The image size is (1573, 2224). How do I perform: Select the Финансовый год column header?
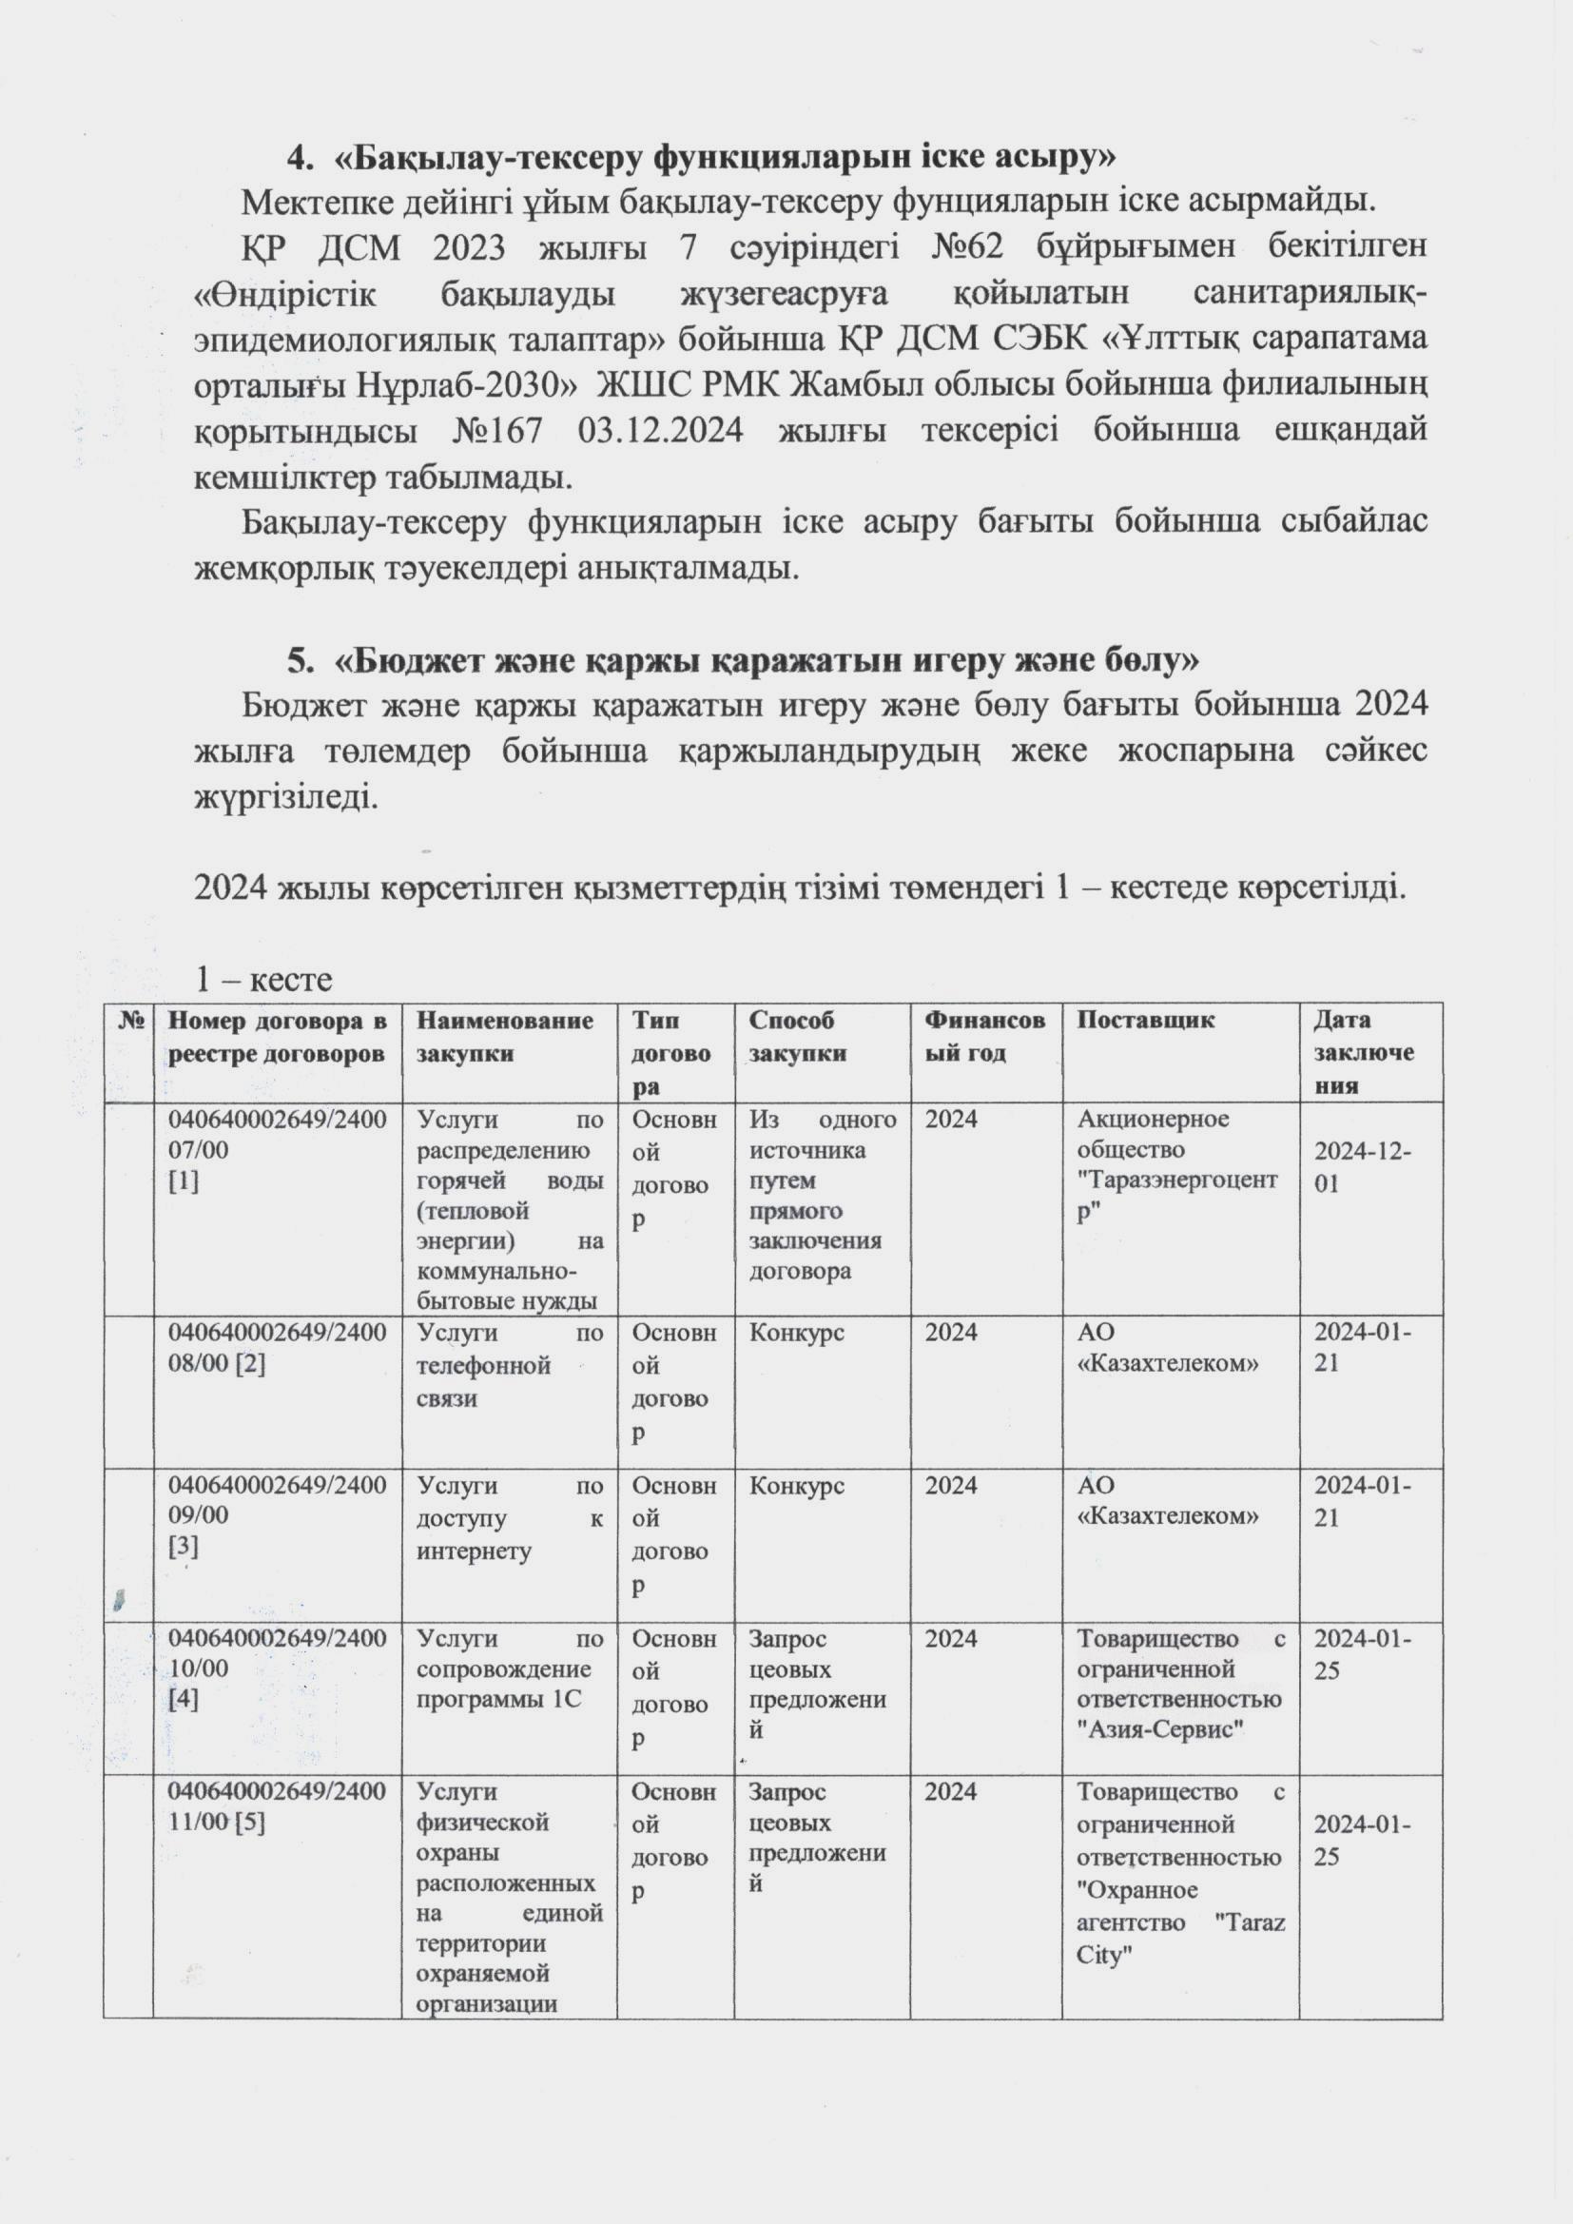click(x=984, y=1036)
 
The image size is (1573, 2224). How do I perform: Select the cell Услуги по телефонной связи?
click(x=510, y=1366)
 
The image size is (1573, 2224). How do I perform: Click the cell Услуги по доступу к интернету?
click(x=510, y=1518)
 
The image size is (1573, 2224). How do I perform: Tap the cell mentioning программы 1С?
click(x=510, y=1668)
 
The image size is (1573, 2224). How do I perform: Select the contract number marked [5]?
click(x=277, y=1806)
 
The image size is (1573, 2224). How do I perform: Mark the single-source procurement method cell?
click(x=822, y=1196)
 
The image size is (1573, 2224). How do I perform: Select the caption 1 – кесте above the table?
click(x=263, y=979)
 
